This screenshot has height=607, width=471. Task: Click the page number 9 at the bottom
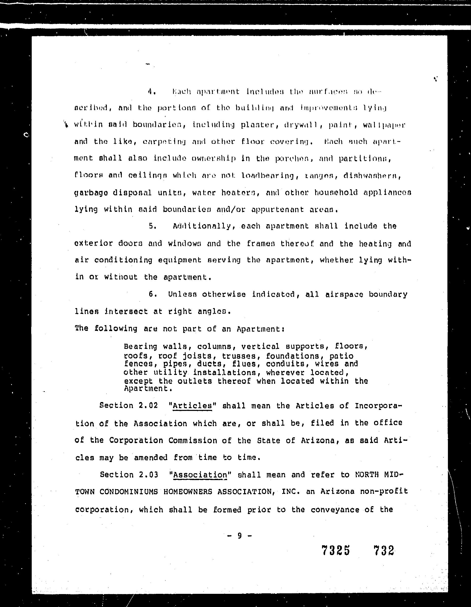(239, 536)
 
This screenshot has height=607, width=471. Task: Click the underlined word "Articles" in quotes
(192, 406)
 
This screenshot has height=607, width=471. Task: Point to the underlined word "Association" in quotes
(200, 475)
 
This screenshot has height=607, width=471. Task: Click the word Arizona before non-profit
(337, 491)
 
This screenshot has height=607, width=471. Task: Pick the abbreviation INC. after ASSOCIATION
(291, 492)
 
